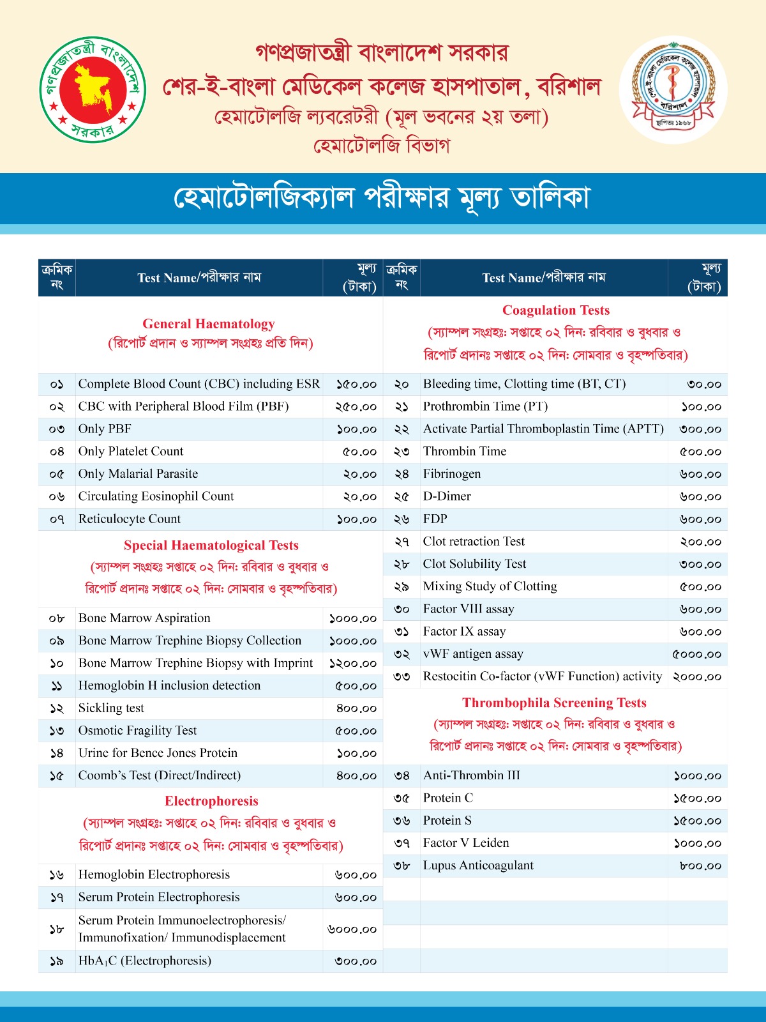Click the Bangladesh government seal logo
(93, 89)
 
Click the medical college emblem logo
(673, 89)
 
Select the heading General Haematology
(209, 324)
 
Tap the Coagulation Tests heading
(556, 310)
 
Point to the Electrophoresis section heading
(211, 801)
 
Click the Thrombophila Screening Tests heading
(554, 703)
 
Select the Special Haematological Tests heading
(211, 545)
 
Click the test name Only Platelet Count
(131, 452)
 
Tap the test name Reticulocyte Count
(130, 519)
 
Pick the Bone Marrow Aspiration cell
(144, 618)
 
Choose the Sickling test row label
(111, 708)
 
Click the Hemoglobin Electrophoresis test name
(154, 875)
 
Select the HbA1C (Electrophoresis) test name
(145, 961)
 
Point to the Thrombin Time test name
(465, 452)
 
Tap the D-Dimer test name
(447, 496)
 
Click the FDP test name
(435, 519)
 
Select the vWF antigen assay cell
(473, 654)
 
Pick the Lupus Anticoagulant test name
(478, 866)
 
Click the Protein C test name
(448, 798)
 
